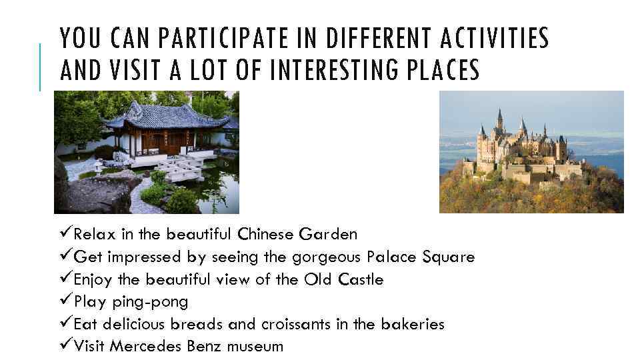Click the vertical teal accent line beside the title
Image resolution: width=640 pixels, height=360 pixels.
point(40,67)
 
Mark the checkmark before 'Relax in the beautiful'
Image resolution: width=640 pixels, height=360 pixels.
point(65,234)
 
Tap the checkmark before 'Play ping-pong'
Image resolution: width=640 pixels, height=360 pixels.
point(65,301)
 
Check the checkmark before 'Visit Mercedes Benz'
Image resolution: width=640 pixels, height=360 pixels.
point(65,346)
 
